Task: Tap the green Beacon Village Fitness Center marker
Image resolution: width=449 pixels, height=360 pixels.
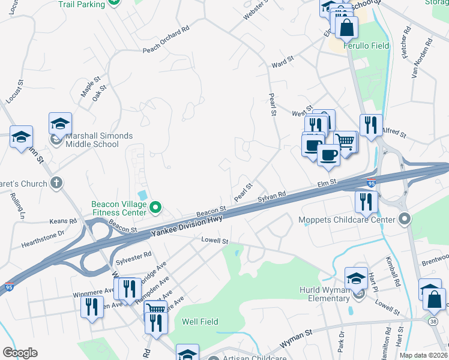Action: point(155,208)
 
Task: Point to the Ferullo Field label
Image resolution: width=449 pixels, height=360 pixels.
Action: point(366,46)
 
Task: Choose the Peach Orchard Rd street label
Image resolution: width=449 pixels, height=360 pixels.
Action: point(166,40)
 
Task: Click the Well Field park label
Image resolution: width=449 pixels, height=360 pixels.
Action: point(200,322)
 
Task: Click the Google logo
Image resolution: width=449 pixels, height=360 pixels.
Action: point(20,353)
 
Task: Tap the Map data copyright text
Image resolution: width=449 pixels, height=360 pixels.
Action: point(423,355)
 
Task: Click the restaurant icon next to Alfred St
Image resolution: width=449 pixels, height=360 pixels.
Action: point(370,125)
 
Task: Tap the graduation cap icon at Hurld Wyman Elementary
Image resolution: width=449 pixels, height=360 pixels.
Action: point(356,277)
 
